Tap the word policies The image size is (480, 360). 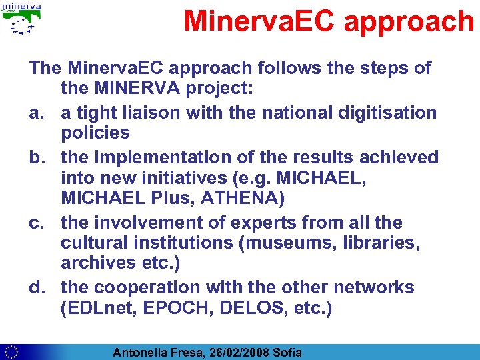point(95,133)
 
